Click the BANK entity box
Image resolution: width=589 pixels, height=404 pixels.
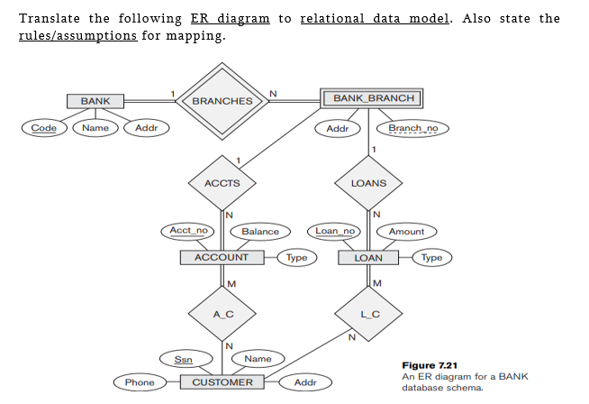[x=95, y=101]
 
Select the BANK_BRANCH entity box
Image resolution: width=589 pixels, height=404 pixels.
[x=368, y=97]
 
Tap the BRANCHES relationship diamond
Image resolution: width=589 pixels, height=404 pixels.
[x=222, y=101]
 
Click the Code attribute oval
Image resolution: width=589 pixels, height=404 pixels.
[x=43, y=128]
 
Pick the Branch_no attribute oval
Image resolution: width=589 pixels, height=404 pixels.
[x=412, y=128]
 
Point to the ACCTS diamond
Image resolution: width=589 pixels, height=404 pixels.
[x=222, y=183]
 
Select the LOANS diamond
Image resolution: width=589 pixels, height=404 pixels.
[x=368, y=183]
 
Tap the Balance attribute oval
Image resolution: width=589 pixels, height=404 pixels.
[x=260, y=232]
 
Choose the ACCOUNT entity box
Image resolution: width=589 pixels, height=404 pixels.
[x=222, y=258]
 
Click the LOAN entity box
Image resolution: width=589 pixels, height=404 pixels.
[x=368, y=258]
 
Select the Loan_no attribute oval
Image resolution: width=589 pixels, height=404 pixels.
[x=336, y=231]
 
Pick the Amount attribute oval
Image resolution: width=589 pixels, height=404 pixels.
[x=406, y=232]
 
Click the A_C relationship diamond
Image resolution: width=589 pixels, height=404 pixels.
[x=222, y=313]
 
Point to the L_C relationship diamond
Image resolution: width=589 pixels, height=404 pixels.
[x=368, y=313]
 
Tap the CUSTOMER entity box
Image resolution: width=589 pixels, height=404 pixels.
[x=222, y=382]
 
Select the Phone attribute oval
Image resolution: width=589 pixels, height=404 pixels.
[x=140, y=383]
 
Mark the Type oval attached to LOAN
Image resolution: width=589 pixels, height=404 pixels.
[x=432, y=258]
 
